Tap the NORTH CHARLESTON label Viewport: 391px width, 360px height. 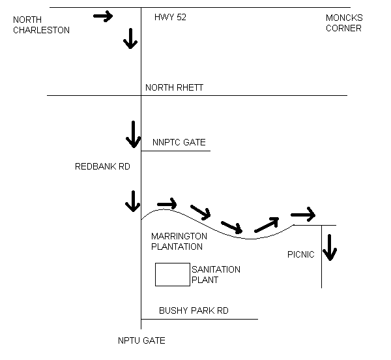[x=41, y=24]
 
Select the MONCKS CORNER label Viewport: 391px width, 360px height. [x=343, y=23]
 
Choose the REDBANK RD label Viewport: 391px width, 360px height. [x=103, y=167]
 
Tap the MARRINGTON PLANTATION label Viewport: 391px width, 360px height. [x=179, y=241]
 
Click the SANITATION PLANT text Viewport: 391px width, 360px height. [x=215, y=275]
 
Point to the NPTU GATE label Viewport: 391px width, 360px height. [x=141, y=340]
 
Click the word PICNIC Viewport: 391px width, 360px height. [x=300, y=254]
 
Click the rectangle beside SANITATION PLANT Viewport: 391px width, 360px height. [x=172, y=275]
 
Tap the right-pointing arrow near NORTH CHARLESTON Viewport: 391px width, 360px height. [x=104, y=16]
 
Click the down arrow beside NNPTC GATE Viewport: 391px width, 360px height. [x=133, y=134]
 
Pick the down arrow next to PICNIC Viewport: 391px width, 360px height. [x=330, y=247]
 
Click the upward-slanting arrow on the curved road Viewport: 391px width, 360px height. [x=266, y=224]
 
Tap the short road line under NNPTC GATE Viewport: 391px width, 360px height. [x=176, y=151]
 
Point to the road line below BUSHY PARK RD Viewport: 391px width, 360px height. [x=199, y=319]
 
